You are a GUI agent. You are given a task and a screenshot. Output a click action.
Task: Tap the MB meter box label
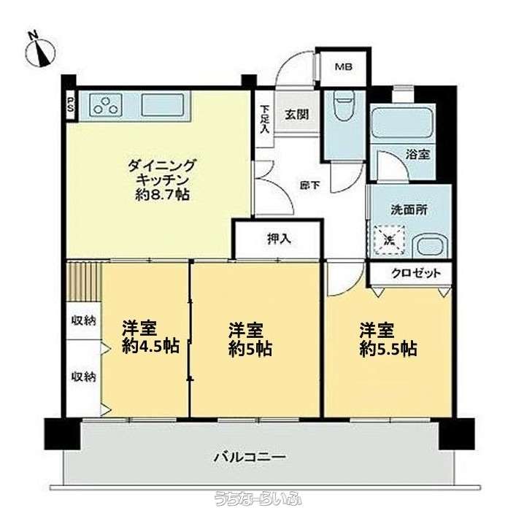pyautogui.click(x=344, y=67)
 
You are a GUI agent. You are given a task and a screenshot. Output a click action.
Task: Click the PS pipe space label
pyautogui.click(x=72, y=106)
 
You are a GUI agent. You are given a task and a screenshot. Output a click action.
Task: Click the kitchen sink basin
pyautogui.click(x=163, y=105)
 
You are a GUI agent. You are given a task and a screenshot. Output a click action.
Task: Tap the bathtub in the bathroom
pyautogui.click(x=403, y=122)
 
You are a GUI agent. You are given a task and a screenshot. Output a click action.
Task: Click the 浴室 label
pyautogui.click(x=417, y=155)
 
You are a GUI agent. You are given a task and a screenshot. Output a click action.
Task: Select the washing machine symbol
pyautogui.click(x=390, y=240)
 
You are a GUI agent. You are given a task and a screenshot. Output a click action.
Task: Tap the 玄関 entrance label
pyautogui.click(x=296, y=115)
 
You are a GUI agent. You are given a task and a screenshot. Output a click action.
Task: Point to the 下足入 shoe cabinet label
pyautogui.click(x=265, y=120)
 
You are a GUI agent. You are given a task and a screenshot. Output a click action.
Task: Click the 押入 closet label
pyautogui.click(x=280, y=239)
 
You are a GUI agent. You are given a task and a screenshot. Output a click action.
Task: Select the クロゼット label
pyautogui.click(x=416, y=274)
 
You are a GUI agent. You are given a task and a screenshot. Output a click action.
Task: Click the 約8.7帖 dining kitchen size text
pyautogui.click(x=163, y=195)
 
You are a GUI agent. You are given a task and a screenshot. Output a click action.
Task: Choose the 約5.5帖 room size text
pyautogui.click(x=388, y=349)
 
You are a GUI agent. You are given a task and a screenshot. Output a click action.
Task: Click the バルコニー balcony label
pyautogui.click(x=250, y=457)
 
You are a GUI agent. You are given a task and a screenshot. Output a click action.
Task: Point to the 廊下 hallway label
pyautogui.click(x=309, y=185)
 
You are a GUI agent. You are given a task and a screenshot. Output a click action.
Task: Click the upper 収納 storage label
pyautogui.click(x=84, y=320)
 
